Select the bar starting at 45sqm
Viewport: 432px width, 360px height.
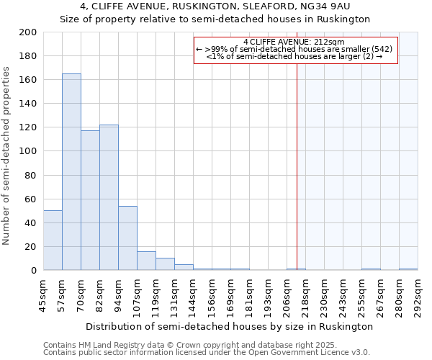point(53,240)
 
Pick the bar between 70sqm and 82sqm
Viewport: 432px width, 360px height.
point(90,200)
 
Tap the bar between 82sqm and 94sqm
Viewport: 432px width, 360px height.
point(109,197)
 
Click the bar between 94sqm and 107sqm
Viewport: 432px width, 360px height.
point(127,238)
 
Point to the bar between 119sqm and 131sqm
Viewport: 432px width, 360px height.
point(165,264)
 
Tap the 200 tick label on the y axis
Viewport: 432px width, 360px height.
point(29,32)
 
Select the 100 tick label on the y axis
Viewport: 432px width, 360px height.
point(29,151)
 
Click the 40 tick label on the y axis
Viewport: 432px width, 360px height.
point(32,222)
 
